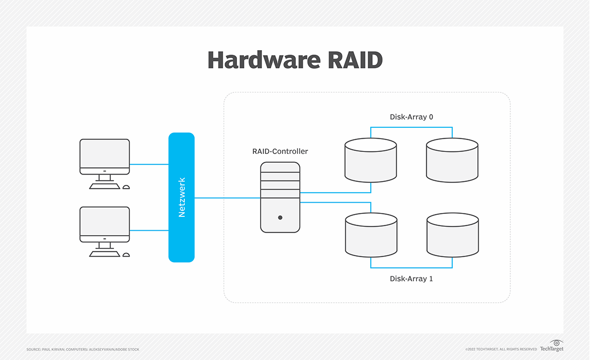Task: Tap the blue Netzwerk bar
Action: tap(181, 197)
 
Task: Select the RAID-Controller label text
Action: tap(280, 151)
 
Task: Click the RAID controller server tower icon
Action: tap(280, 197)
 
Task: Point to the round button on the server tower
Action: tap(280, 217)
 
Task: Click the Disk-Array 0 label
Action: tap(411, 117)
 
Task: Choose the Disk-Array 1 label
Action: tap(411, 279)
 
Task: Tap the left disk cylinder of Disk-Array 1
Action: tap(371, 236)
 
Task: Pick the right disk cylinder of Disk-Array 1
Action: tap(452, 236)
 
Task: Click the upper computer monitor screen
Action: tap(105, 153)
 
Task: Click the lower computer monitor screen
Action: tap(105, 221)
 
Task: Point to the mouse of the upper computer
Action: tap(126, 187)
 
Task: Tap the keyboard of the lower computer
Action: tap(104, 254)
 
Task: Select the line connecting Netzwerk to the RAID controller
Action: tap(227, 198)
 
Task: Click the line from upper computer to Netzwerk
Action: tap(149, 164)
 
